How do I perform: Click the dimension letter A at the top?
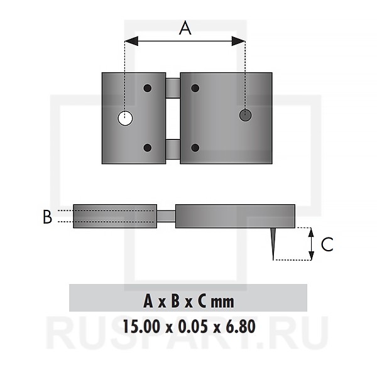click(x=185, y=28)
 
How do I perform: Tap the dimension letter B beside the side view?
click(x=47, y=217)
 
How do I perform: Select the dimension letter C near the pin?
click(x=327, y=244)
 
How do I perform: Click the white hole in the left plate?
click(x=125, y=118)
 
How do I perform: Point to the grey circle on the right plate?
click(x=245, y=115)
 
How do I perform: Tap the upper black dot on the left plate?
click(x=148, y=88)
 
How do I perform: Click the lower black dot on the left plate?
click(x=148, y=148)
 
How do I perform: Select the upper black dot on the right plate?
click(x=195, y=88)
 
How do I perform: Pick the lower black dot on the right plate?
click(x=195, y=148)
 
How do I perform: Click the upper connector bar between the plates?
click(x=173, y=88)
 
